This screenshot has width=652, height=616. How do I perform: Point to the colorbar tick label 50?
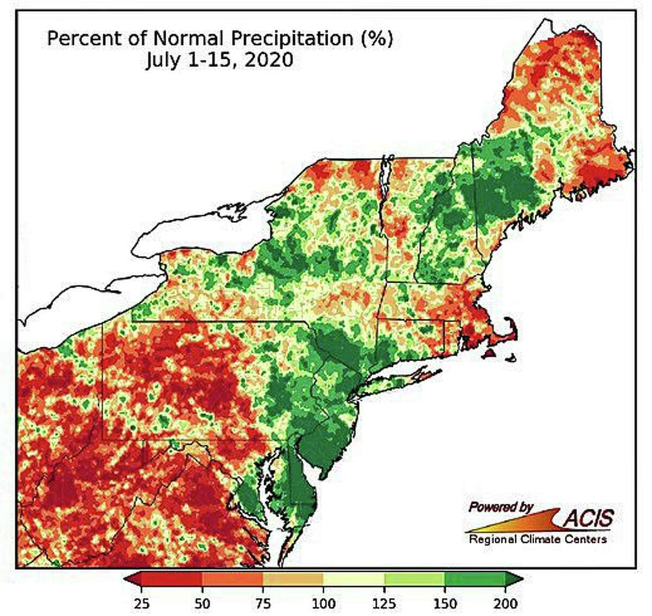point(202,603)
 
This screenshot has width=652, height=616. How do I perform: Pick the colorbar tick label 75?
point(263,603)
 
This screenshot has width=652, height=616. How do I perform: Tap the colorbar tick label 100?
point(323,603)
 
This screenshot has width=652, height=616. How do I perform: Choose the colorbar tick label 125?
point(384,603)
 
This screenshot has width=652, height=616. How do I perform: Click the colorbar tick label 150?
point(444,603)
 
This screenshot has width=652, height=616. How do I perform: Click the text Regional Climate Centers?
point(537,539)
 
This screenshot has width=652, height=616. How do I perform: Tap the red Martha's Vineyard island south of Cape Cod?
point(490,354)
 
